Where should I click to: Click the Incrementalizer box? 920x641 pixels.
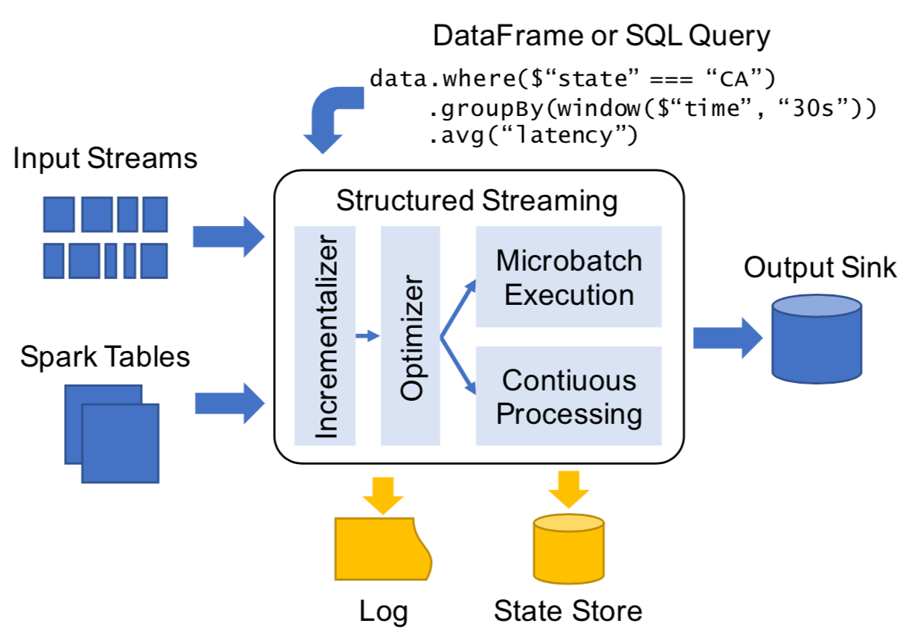[x=325, y=335]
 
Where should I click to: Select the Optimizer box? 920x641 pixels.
[x=411, y=335]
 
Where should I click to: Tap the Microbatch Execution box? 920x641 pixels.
[x=568, y=277]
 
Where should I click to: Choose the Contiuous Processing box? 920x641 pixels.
[x=568, y=396]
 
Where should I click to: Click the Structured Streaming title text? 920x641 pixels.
[x=477, y=202]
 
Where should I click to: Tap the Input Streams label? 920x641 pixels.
[x=106, y=159]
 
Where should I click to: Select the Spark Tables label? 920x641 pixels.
[x=105, y=357]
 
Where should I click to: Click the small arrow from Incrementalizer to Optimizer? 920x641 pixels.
[x=367, y=337]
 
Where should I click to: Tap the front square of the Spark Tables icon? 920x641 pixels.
[x=120, y=443]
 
